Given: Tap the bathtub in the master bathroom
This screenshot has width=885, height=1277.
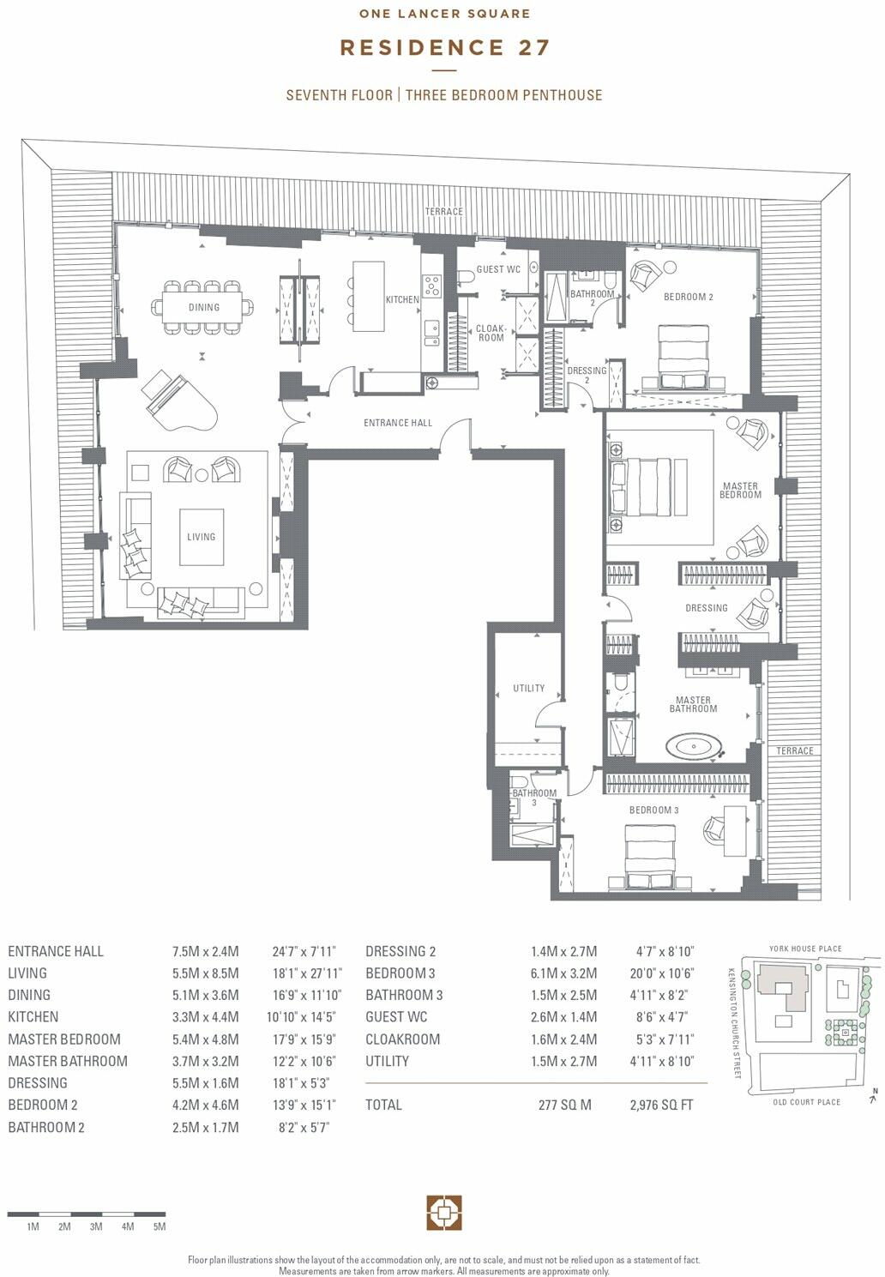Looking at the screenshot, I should [x=695, y=746].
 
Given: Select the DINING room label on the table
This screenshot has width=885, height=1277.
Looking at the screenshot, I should [x=204, y=307].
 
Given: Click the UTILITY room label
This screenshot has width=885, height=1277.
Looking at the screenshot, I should [x=528, y=688].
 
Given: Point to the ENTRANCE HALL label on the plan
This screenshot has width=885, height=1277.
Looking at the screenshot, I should [x=398, y=423].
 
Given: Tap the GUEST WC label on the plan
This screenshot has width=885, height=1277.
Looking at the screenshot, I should [x=498, y=269].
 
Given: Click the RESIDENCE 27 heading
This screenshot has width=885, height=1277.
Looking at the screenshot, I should [x=444, y=47].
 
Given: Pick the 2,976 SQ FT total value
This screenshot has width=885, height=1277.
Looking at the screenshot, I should [x=661, y=1105].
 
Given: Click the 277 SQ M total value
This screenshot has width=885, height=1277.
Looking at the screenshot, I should [x=564, y=1105].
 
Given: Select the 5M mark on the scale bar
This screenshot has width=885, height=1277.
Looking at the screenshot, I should [x=160, y=1226].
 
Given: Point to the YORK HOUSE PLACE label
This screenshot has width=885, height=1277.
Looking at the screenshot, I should [x=805, y=949].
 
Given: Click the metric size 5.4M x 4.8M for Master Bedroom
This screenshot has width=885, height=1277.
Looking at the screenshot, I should [x=205, y=1039].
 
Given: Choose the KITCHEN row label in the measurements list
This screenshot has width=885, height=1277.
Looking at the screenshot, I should [x=33, y=1017].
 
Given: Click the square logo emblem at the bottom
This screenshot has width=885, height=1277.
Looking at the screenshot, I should [x=444, y=1213].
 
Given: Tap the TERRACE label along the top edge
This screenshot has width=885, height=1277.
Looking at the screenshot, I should [x=443, y=211].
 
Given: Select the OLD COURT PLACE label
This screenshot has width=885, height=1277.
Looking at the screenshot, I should [x=806, y=1102].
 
